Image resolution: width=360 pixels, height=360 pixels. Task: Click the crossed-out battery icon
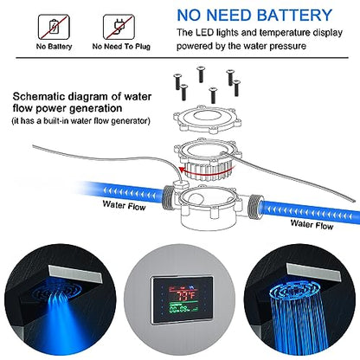54,27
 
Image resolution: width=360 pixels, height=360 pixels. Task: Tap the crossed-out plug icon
119,27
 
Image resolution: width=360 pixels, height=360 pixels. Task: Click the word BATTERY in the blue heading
294,16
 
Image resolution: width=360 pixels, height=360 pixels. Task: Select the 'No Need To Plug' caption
121,47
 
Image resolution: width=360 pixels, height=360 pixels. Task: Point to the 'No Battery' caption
54,47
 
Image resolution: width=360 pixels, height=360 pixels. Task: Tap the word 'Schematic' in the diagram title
38,96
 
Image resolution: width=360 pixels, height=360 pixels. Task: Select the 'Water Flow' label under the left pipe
124,205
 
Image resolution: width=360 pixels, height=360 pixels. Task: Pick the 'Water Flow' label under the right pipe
312,224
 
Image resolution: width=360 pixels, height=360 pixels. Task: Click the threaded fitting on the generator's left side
168,197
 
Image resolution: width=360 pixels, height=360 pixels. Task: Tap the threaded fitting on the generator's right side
255,205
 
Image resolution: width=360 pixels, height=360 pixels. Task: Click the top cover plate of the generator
208,119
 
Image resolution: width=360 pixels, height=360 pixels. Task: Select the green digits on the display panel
179,310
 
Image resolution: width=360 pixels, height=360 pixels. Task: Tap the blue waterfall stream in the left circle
61,312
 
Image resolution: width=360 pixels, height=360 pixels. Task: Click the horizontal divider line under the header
182,58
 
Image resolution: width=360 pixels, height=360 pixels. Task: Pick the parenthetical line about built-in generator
81,120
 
